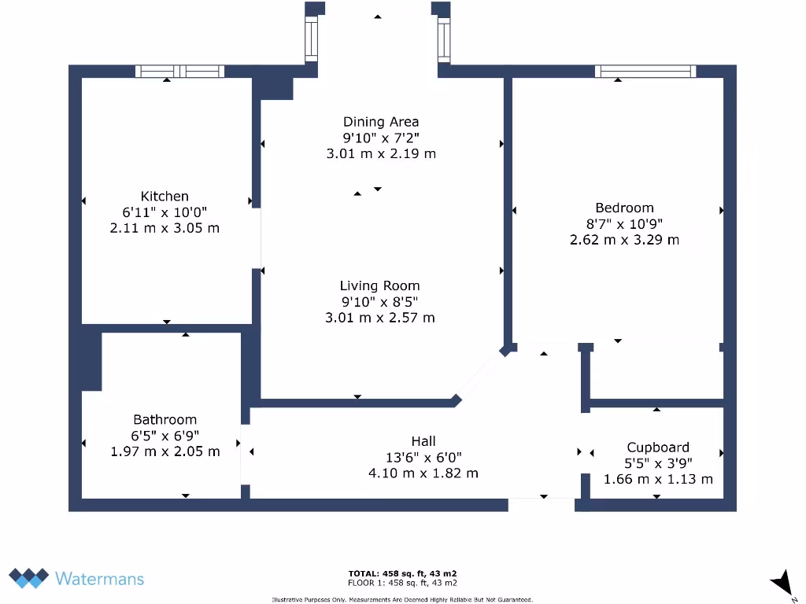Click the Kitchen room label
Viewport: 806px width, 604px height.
tap(165, 197)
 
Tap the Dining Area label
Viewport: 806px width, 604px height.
tap(381, 122)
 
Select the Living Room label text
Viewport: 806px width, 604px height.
tap(380, 286)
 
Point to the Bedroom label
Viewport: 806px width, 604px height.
tap(624, 208)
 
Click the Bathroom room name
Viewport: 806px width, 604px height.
tap(165, 420)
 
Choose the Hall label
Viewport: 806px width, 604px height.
tap(423, 441)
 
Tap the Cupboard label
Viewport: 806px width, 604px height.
tap(658, 447)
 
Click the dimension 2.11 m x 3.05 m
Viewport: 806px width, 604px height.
tap(165, 228)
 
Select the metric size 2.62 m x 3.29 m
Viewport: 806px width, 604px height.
tap(624, 240)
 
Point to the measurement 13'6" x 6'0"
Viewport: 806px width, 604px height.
tap(423, 457)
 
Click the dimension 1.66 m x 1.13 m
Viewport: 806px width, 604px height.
tap(658, 479)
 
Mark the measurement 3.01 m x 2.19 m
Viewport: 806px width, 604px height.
tap(381, 154)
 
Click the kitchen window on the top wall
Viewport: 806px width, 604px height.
tap(179, 72)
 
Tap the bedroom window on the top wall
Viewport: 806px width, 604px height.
tap(645, 72)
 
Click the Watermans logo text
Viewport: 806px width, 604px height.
tap(99, 579)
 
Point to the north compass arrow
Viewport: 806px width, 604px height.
tap(781, 583)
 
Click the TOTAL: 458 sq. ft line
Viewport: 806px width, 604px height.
tap(402, 573)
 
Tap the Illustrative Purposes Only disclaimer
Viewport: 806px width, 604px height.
tap(402, 600)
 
